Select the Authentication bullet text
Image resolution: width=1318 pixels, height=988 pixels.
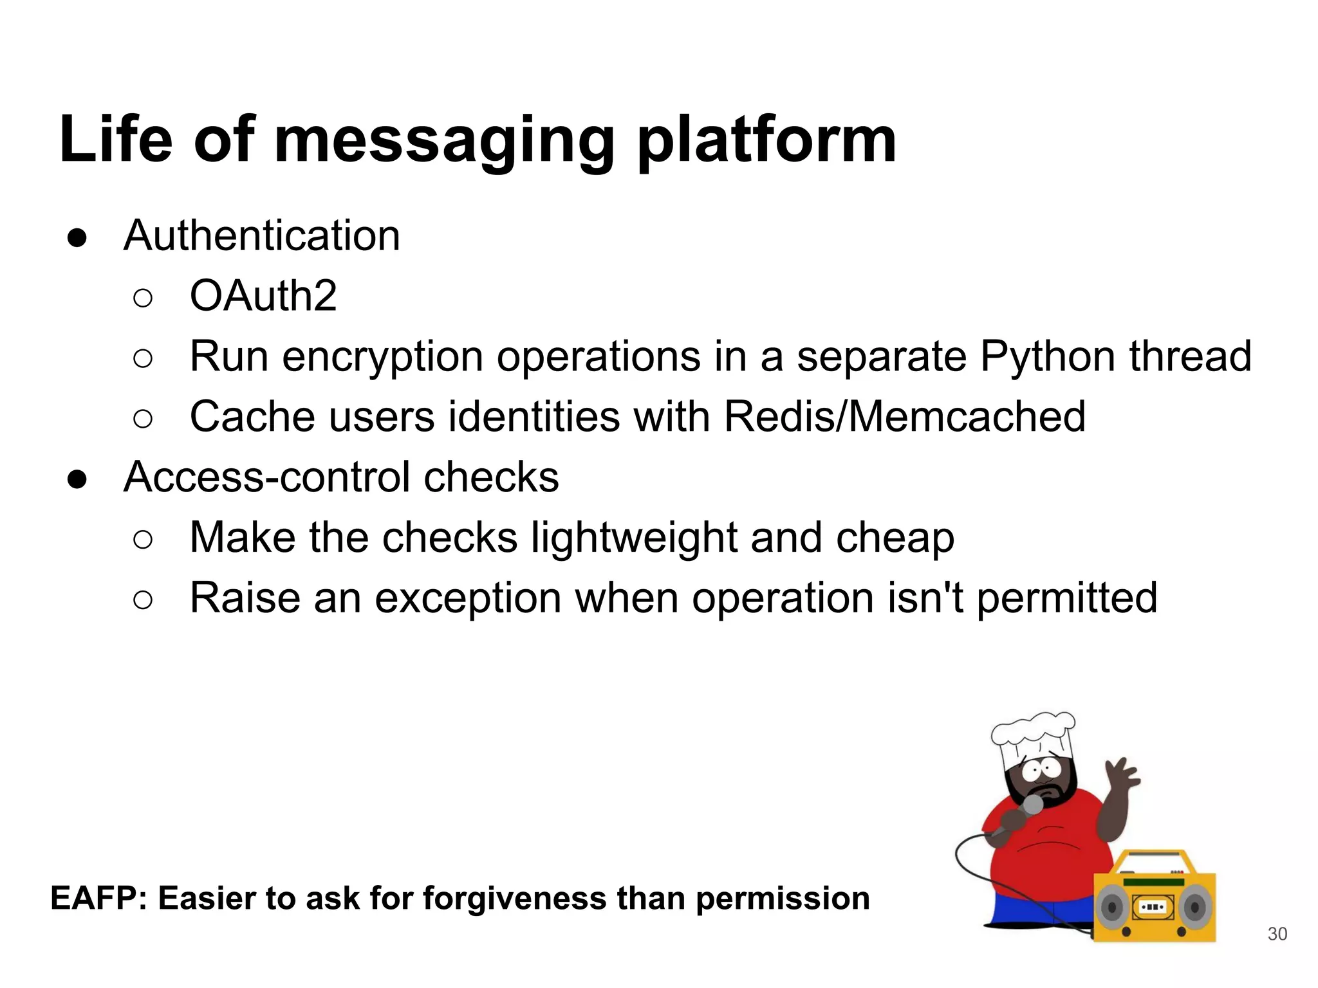click(x=261, y=235)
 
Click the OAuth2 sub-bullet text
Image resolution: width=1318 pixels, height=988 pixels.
click(x=263, y=296)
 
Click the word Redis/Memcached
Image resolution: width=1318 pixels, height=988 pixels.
click(x=904, y=417)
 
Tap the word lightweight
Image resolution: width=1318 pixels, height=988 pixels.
click(x=633, y=538)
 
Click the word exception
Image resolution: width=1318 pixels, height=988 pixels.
click(x=468, y=598)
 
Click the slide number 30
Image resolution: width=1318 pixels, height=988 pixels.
click(x=1277, y=934)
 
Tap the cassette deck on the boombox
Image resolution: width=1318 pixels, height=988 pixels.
click(x=1153, y=908)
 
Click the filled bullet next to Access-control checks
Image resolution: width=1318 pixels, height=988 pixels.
click(x=77, y=479)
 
